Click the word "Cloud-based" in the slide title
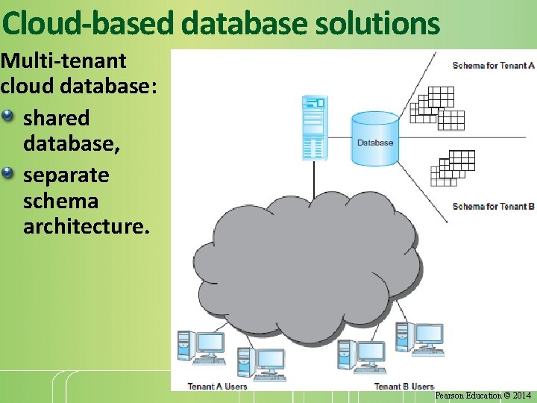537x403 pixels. coord(88,24)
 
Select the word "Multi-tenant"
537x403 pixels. coord(63,61)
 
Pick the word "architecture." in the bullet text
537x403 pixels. coord(87,227)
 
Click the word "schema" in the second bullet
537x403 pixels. coord(60,201)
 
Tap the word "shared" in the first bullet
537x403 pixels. coord(57,118)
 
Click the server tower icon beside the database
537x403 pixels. coord(313,128)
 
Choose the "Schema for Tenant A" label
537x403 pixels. coord(493,66)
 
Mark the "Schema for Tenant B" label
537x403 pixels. coord(493,206)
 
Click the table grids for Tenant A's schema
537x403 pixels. coord(437,107)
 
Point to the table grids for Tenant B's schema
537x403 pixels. coord(453,168)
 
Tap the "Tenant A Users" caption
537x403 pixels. coord(217,386)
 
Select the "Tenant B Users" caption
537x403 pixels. coord(403,386)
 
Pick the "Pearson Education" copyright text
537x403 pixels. coord(468,396)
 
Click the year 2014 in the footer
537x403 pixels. coord(522,396)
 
